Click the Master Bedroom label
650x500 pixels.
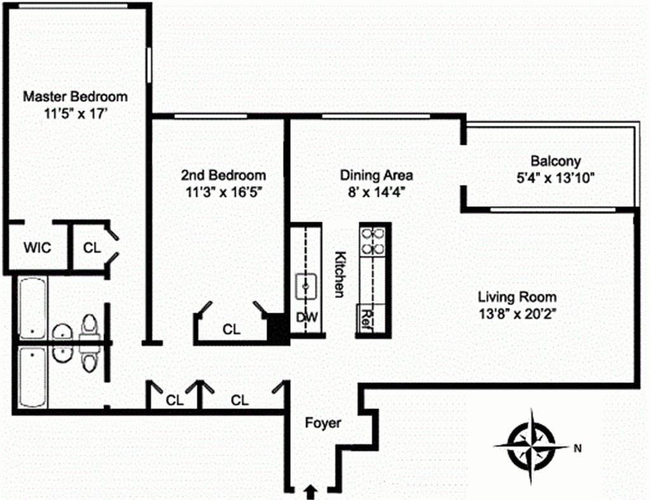(x=75, y=97)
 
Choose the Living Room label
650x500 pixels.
(x=517, y=297)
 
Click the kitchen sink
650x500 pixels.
(x=307, y=286)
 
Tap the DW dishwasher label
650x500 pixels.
(x=307, y=318)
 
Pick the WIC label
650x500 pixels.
(x=37, y=247)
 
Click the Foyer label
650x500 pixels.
(x=322, y=423)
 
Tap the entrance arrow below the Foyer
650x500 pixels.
(x=310, y=490)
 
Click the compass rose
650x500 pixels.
(x=531, y=445)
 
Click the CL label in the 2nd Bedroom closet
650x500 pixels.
(x=232, y=329)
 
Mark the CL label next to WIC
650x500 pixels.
(x=93, y=248)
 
